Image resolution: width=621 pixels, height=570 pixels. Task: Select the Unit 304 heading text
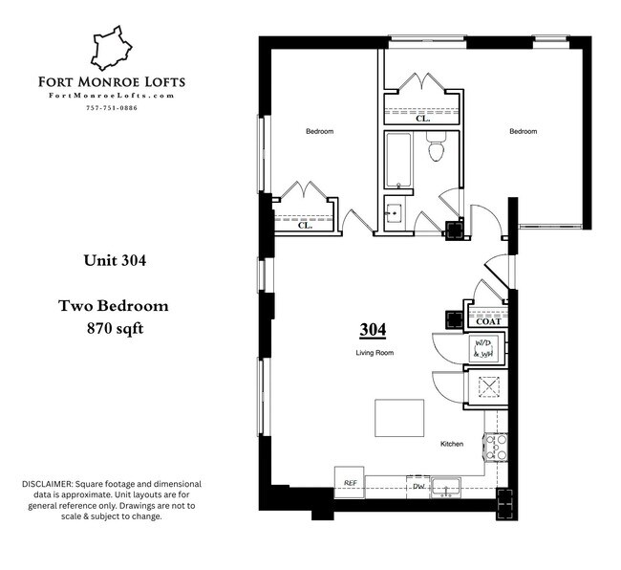[x=114, y=258]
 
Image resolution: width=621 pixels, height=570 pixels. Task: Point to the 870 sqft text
[x=114, y=327]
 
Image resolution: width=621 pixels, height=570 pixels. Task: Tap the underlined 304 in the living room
[x=373, y=330]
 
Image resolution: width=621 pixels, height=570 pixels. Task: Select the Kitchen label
[x=452, y=445]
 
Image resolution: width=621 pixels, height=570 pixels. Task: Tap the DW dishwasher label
[x=418, y=487]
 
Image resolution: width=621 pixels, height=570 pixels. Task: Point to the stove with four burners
[x=496, y=447]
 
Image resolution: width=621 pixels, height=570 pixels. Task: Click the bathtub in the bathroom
[x=397, y=161]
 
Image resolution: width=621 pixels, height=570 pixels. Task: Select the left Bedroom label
[x=319, y=131]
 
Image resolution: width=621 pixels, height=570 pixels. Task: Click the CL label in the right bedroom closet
[x=421, y=120]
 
